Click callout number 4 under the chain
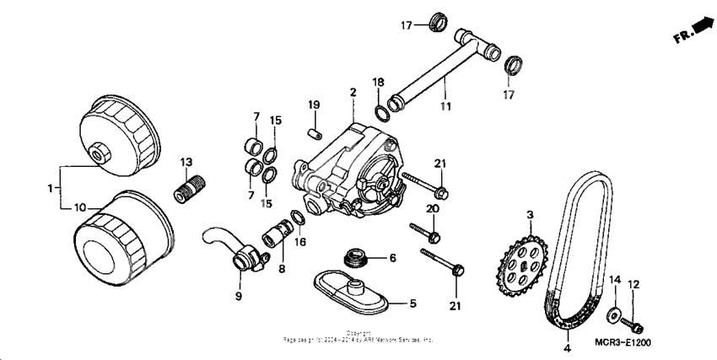[x=567, y=347]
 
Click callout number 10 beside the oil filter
[x=79, y=207]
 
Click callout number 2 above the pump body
[x=353, y=91]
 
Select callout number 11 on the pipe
[x=445, y=106]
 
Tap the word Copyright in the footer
[x=359, y=333]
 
